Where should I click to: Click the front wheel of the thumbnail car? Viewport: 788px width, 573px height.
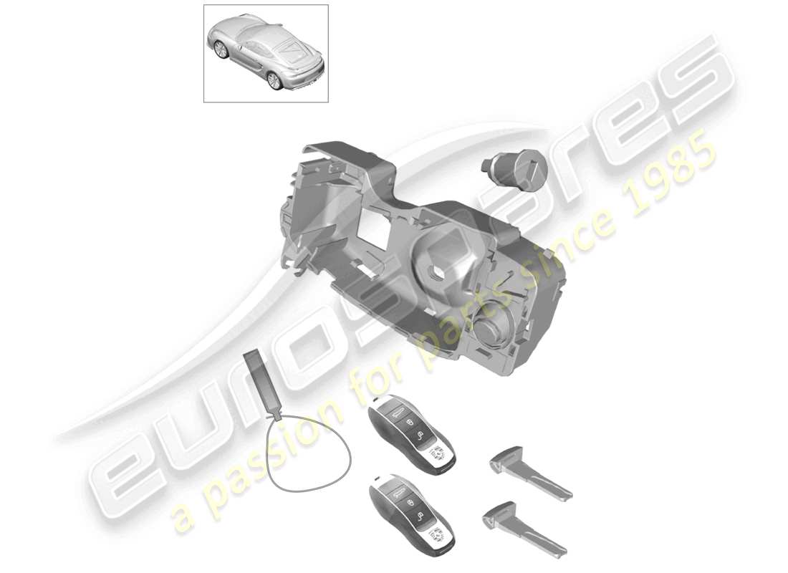(221, 49)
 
